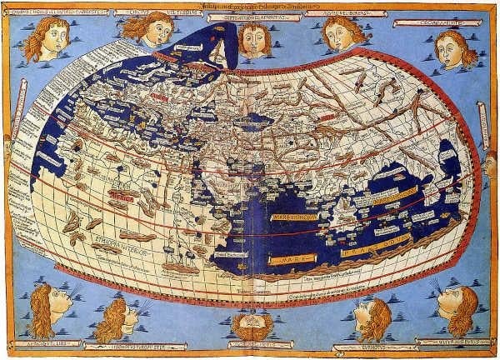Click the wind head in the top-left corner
46,37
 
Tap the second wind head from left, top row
150,30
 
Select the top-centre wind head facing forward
253,38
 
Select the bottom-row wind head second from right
372,315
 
